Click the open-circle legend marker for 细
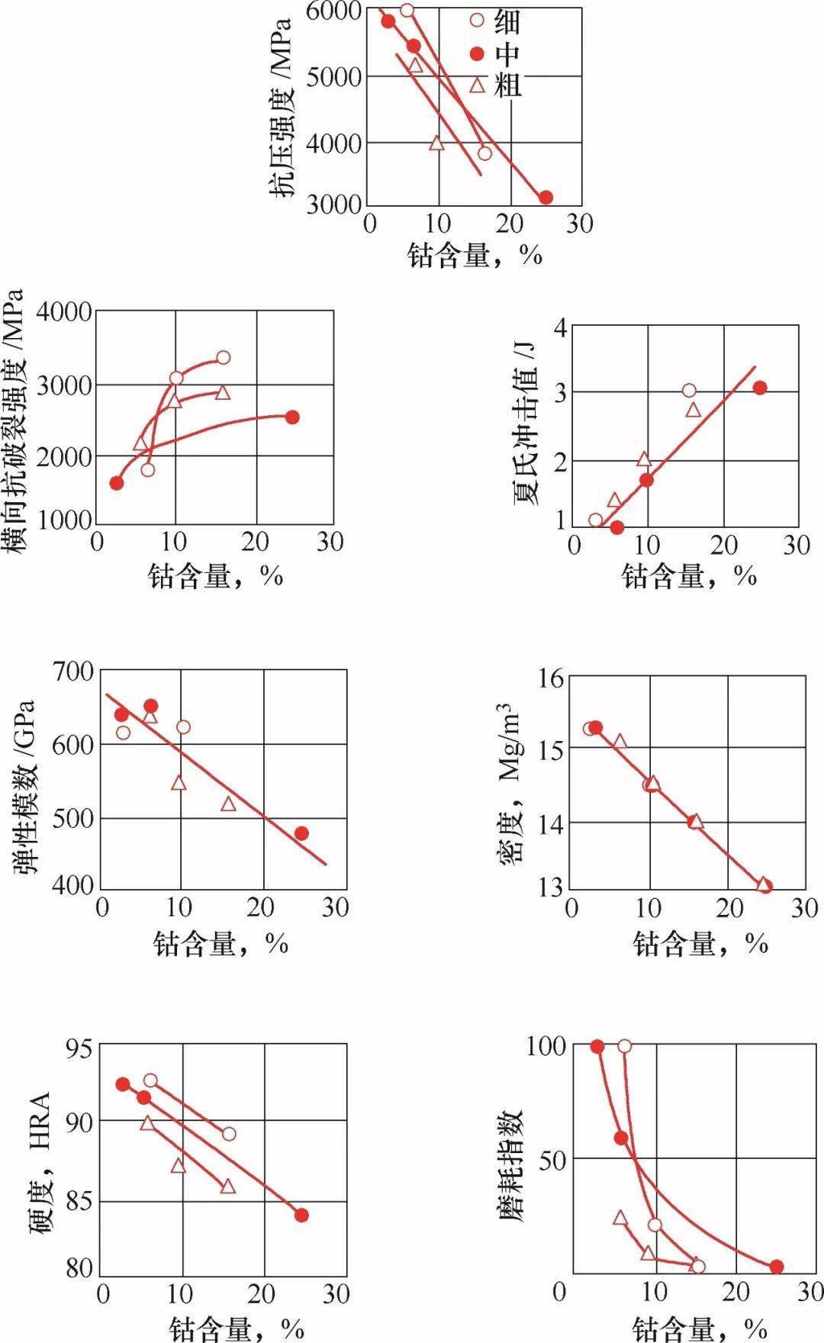477,18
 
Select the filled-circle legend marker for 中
477,53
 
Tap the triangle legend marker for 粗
477,85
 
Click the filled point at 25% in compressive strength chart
546,198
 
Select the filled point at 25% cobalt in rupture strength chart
291,417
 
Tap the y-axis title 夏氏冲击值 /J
526,424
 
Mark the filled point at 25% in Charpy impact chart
759,388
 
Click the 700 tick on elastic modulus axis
73,671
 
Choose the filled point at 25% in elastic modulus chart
301,833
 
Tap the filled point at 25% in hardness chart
301,1215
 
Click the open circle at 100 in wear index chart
624,1045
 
